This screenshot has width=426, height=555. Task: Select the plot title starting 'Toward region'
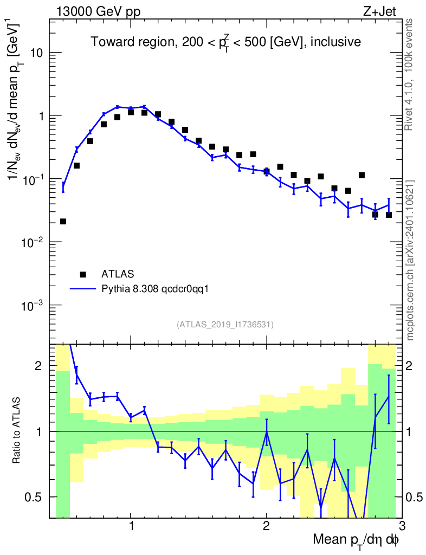(x=225, y=42)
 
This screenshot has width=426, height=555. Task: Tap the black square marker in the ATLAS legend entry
(x=83, y=274)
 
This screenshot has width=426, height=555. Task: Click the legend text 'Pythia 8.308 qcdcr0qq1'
(x=156, y=289)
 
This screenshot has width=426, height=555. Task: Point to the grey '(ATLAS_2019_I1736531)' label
(x=225, y=325)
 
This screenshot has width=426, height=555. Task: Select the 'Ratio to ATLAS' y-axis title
(x=17, y=431)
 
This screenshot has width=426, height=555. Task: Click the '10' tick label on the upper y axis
(x=35, y=53)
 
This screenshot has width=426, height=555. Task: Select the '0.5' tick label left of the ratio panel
(x=36, y=497)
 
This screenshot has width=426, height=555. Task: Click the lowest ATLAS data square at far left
(x=63, y=221)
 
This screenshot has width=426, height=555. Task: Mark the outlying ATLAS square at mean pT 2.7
(x=362, y=175)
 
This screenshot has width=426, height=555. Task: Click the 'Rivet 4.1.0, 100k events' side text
(x=410, y=74)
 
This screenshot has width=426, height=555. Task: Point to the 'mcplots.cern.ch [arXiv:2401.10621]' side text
(x=410, y=260)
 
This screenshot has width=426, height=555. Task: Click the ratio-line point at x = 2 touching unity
(x=267, y=432)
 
